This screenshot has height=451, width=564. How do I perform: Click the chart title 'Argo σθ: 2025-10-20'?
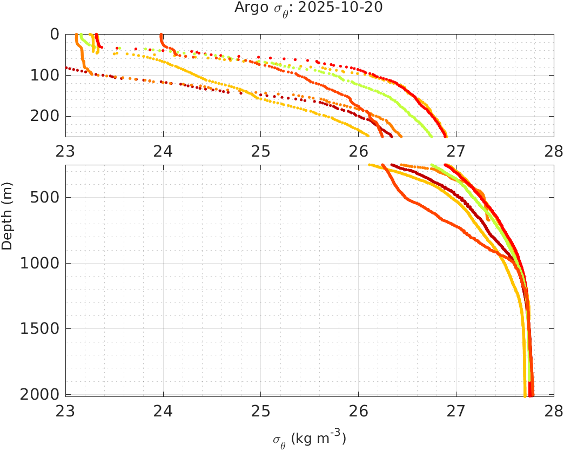tap(308, 8)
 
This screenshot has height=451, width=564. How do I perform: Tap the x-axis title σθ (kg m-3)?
tap(309, 438)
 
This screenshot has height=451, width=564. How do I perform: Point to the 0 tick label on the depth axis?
tap(55, 34)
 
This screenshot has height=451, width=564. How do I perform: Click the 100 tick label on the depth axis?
tap(47, 75)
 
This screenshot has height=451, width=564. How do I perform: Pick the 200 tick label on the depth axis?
tap(47, 116)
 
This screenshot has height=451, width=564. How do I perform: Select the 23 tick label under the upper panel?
tap(66, 152)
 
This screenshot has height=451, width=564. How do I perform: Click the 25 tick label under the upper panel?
tap(261, 152)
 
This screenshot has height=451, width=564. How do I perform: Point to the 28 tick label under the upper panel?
tap(554, 152)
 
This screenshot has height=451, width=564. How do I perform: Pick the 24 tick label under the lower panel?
tap(163, 412)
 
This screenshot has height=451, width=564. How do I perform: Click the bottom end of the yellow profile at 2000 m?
tap(525, 396)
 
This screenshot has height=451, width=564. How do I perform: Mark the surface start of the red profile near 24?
tap(161, 35)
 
